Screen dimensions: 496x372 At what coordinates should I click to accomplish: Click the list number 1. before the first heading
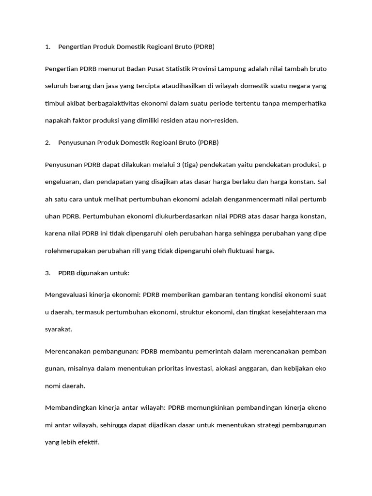pos(47,47)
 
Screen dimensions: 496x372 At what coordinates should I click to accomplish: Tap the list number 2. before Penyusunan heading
pos(47,143)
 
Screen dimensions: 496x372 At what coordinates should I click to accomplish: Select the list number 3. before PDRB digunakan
pos(47,273)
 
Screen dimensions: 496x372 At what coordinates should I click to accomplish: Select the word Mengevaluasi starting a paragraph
pos(67,294)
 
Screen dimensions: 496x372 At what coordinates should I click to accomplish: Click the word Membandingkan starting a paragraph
pos(69,408)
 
